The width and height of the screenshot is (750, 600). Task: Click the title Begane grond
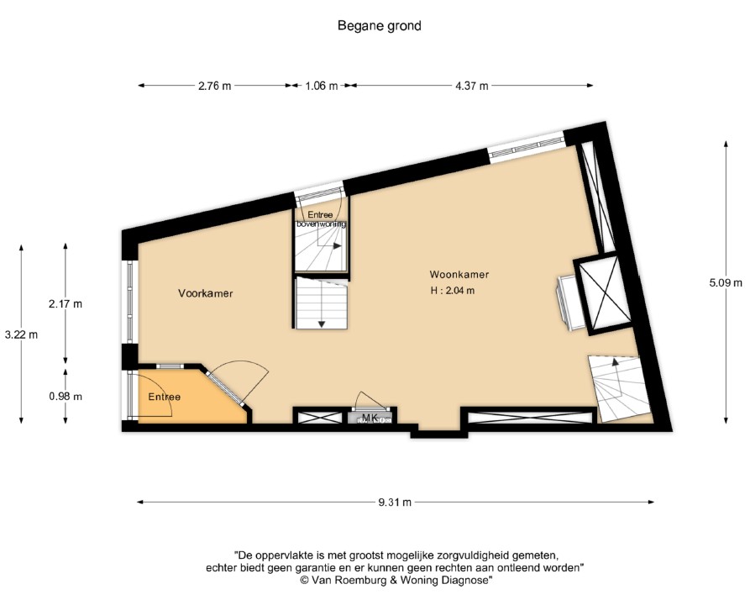(379, 26)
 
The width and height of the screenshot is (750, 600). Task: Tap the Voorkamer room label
(205, 294)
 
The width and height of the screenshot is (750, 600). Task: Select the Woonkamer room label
(459, 275)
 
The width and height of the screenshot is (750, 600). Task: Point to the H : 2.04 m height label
(452, 292)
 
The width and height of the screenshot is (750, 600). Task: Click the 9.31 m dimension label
(395, 503)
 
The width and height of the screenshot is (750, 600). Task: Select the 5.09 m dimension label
(726, 283)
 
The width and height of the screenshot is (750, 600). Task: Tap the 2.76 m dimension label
(214, 86)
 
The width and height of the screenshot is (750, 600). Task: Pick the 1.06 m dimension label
(321, 86)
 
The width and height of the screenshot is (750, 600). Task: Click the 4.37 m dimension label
(471, 86)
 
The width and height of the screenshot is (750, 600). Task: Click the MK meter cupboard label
(370, 418)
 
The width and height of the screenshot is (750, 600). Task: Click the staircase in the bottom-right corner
(620, 388)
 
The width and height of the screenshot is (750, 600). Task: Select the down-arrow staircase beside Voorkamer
(321, 303)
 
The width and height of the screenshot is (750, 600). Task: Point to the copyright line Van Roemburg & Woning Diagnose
(396, 581)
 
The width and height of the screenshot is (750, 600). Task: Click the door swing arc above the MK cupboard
(370, 400)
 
